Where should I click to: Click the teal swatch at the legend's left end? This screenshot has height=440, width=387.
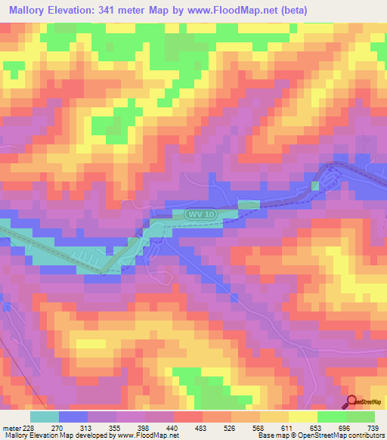tap(44, 417)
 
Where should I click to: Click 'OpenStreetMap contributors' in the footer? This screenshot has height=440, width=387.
tap(348, 435)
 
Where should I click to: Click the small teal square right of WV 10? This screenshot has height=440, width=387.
tap(248, 204)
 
